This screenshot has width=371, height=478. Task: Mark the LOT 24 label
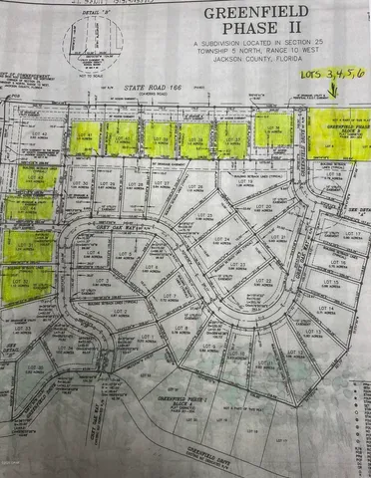pos(221,240)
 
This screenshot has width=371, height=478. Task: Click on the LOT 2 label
pos(130,311)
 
